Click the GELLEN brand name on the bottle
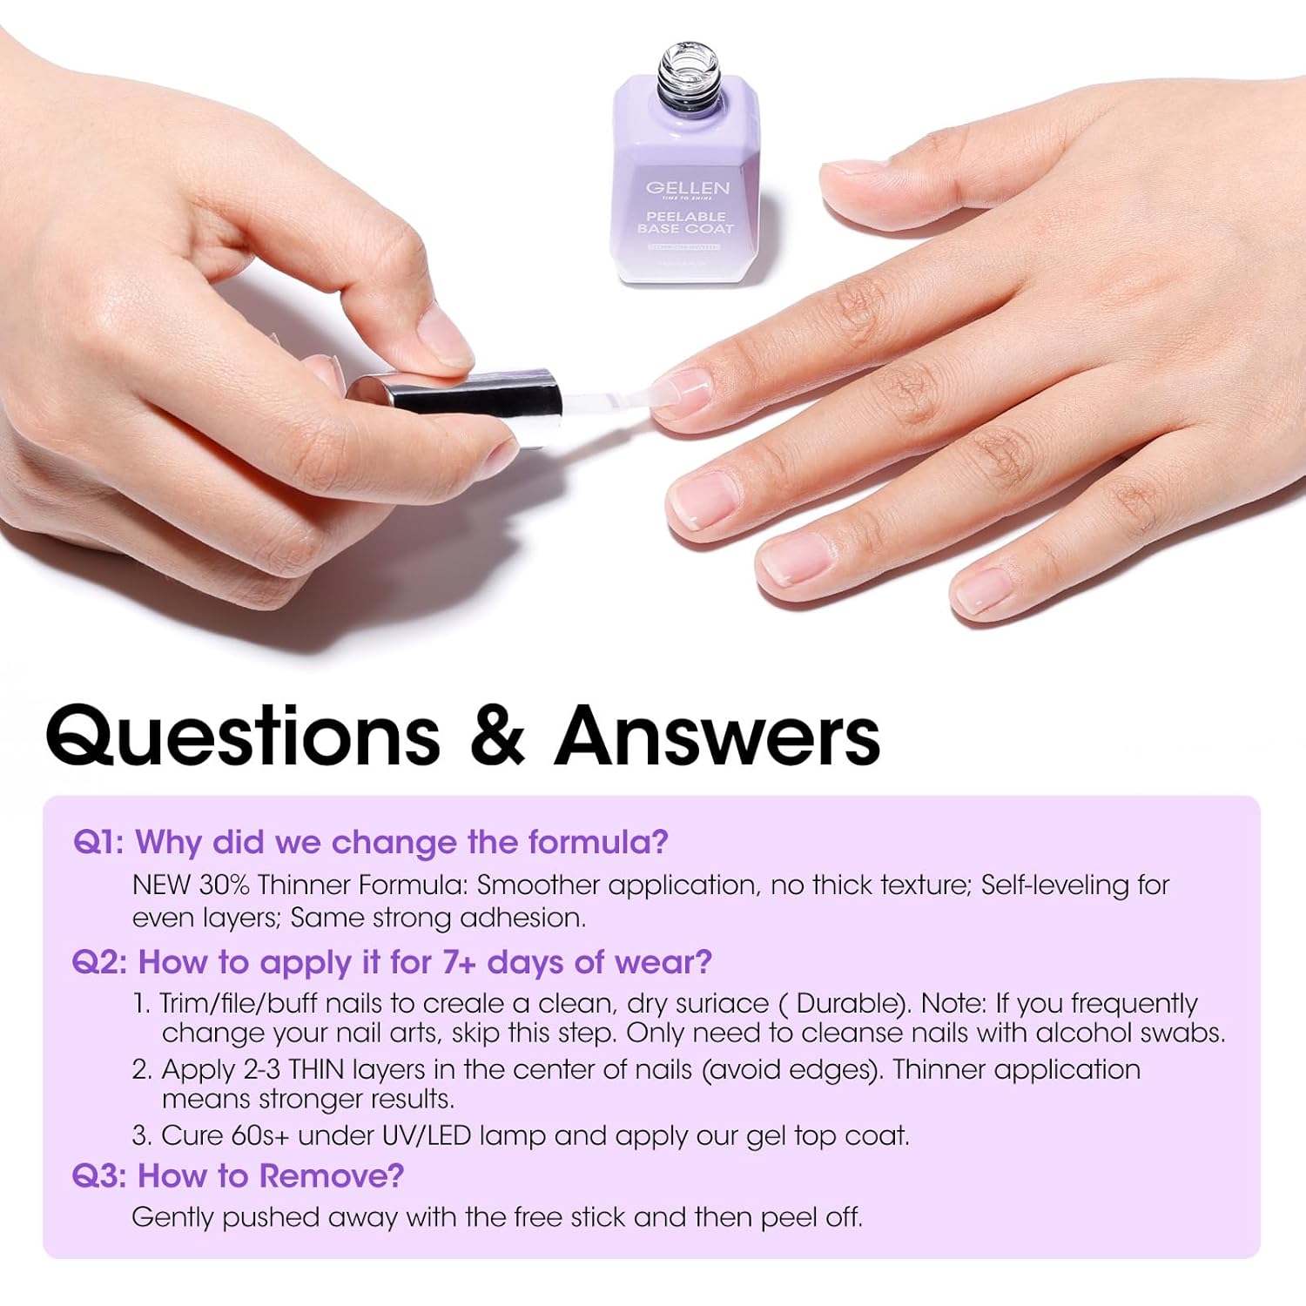[687, 187]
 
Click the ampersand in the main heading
[496, 736]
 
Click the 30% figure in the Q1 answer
[225, 885]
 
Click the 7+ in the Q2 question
[460, 962]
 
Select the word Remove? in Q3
[332, 1176]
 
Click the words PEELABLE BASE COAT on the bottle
[686, 222]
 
